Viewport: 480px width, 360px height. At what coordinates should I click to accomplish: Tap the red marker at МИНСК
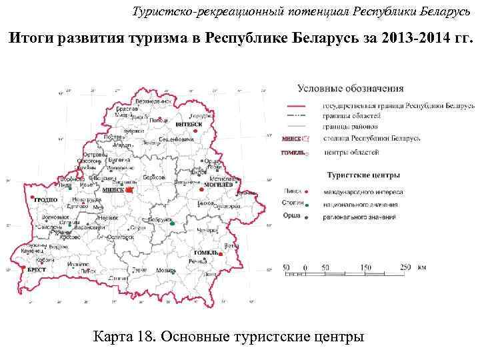[129, 189]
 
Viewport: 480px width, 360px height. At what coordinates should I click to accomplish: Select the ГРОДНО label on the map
[46, 200]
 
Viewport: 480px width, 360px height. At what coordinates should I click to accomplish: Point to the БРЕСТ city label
[37, 270]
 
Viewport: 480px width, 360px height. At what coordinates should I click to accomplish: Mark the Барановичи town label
[89, 227]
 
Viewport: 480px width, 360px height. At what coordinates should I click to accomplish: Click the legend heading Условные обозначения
[350, 87]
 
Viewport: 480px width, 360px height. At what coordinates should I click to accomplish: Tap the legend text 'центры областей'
[351, 153]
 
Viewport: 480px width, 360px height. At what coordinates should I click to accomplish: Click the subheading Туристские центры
[363, 175]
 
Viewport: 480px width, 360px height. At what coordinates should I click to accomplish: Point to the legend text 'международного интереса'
[361, 191]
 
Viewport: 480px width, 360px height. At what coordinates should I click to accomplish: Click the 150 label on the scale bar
[366, 268]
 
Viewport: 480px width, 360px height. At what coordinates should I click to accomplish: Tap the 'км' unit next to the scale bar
[422, 267]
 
